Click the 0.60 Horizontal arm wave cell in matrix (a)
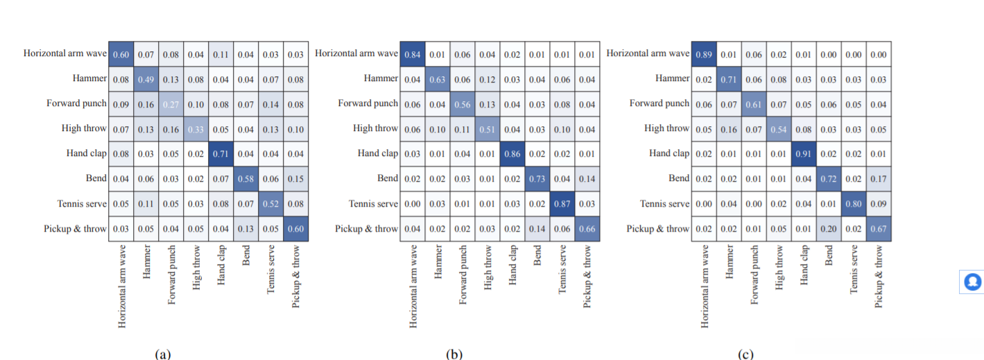click(x=121, y=53)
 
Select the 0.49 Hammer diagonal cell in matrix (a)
click(x=146, y=78)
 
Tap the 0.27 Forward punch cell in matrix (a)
click(x=171, y=103)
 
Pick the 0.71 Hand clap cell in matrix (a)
click(x=221, y=153)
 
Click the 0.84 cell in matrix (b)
click(x=413, y=53)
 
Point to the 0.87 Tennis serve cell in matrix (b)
click(x=562, y=203)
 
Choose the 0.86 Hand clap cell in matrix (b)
click(x=512, y=153)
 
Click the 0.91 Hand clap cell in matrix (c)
click(x=804, y=153)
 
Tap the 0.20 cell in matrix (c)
click(x=829, y=228)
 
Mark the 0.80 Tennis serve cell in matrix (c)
click(x=854, y=203)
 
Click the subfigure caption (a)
click(x=162, y=354)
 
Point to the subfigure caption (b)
click(x=454, y=354)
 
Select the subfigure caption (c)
click(x=745, y=354)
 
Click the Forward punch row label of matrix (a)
click(x=76, y=103)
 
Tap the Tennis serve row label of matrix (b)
click(x=373, y=203)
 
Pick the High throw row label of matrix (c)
click(x=667, y=128)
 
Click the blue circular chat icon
click(x=972, y=281)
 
